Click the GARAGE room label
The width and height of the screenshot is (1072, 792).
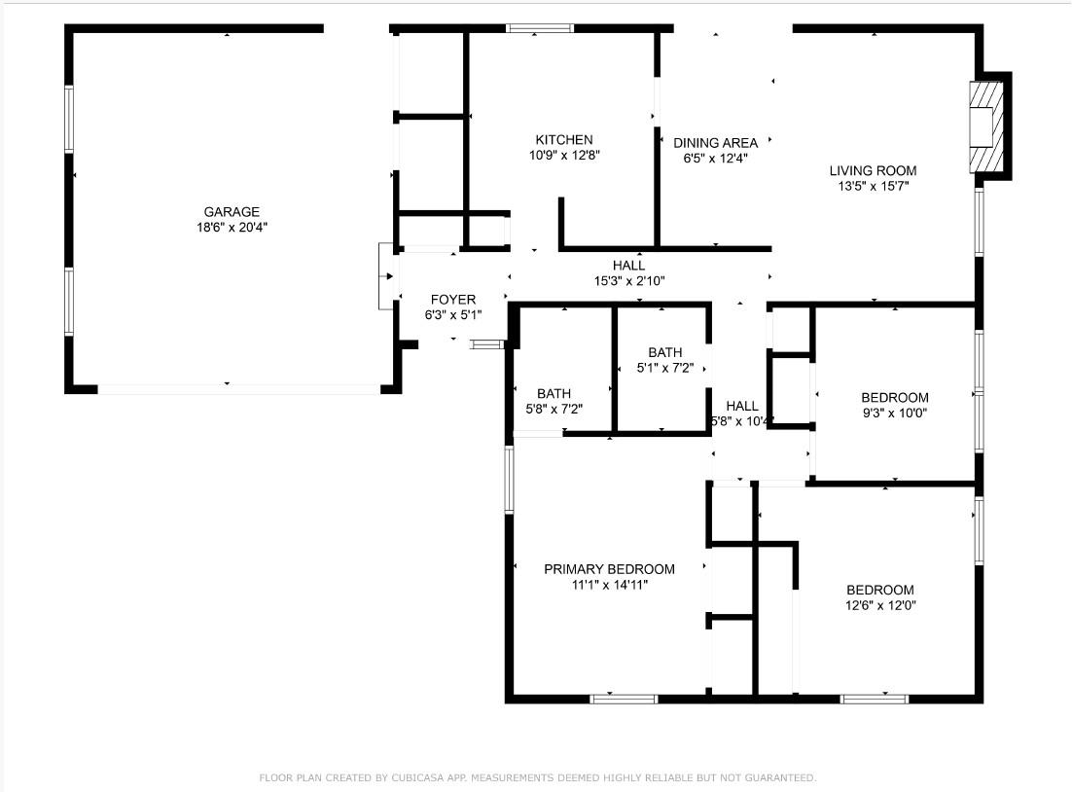[232, 211]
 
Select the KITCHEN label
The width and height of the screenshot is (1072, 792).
[563, 140]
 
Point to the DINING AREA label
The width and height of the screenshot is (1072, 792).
[715, 143]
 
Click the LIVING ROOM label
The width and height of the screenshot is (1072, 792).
[873, 170]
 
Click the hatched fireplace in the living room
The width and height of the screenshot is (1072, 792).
[986, 126]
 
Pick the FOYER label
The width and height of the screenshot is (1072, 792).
[452, 300]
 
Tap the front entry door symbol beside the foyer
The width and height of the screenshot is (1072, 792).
[385, 276]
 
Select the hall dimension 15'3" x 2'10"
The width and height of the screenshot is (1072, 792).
[628, 280]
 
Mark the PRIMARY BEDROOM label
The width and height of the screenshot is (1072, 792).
[609, 569]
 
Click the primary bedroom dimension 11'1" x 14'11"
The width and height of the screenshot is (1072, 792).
[609, 585]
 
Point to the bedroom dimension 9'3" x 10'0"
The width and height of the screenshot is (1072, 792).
[894, 413]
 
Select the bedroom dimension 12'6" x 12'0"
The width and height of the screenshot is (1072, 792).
[879, 605]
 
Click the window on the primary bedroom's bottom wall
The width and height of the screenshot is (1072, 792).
[624, 698]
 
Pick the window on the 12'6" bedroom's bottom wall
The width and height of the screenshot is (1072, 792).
[874, 698]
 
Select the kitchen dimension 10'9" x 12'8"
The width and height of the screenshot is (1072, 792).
[563, 156]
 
